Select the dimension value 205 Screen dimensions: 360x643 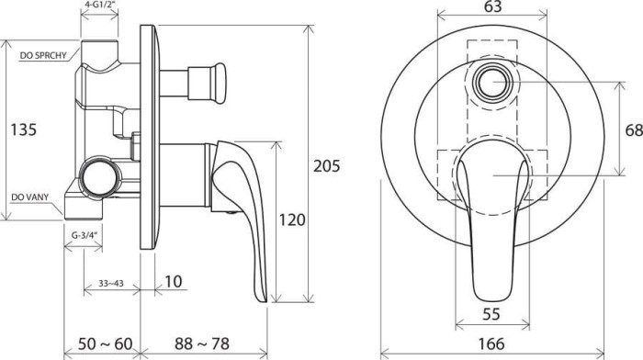point(326,166)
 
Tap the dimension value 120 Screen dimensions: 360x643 point(291,219)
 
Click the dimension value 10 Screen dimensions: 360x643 point(173,282)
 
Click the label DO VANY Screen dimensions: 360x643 point(31,197)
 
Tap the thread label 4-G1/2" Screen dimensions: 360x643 point(100,6)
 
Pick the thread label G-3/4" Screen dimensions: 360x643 point(85,236)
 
